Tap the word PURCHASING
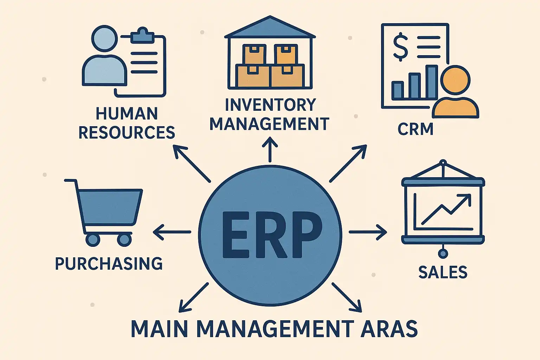click(109, 264)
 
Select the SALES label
click(443, 272)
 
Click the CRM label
click(415, 129)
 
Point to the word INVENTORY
click(270, 104)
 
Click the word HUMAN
click(127, 113)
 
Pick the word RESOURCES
click(127, 132)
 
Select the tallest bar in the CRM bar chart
click(431, 82)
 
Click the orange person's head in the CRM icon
click(455, 80)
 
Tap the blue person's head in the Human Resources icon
click(105, 38)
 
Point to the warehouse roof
click(270, 27)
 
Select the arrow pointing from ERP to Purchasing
click(172, 232)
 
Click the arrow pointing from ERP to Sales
click(368, 232)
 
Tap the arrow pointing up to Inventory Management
click(270, 149)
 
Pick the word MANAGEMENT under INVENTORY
click(270, 124)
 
